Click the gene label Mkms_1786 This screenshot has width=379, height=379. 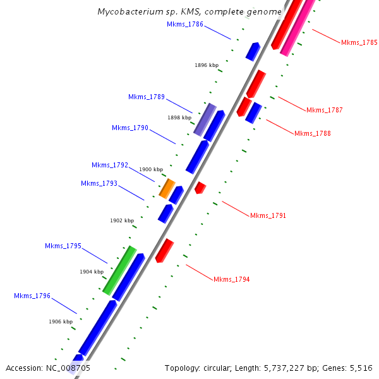pyautogui.click(x=184, y=24)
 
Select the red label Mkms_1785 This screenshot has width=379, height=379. pyautogui.click(x=359, y=43)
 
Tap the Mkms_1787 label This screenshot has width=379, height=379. pyautogui.click(x=324, y=110)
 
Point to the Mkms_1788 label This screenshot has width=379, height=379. pyautogui.click(x=312, y=133)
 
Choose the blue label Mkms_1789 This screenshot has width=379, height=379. pyautogui.click(x=146, y=97)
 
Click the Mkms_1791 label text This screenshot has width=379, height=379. pyautogui.click(x=268, y=215)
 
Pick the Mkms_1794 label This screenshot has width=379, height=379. pyautogui.click(x=231, y=279)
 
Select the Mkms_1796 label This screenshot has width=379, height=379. pyautogui.click(x=32, y=296)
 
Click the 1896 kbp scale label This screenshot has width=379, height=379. pyautogui.click(x=207, y=65)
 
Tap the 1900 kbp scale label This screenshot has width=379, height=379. pyautogui.click(x=151, y=169)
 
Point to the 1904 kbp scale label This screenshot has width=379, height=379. pyautogui.click(x=92, y=272)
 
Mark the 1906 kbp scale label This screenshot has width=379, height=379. pyautogui.click(x=61, y=322)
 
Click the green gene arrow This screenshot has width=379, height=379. pyautogui.click(x=119, y=270)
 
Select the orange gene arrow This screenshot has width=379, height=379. pyautogui.click(x=167, y=188)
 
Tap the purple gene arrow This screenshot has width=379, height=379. pyautogui.click(x=205, y=120)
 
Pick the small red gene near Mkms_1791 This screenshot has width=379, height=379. pyautogui.click(x=200, y=187)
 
